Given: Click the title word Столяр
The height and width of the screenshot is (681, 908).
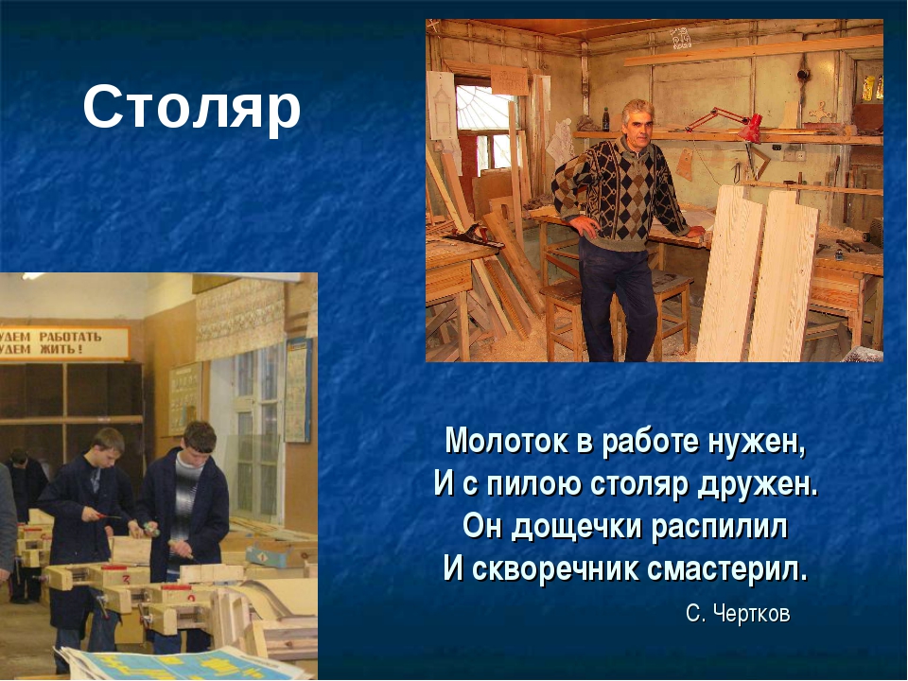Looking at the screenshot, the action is click(x=192, y=108).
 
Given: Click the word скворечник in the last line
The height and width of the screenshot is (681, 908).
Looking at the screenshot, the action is click(x=555, y=569).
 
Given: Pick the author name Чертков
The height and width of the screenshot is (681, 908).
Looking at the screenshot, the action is click(x=752, y=613).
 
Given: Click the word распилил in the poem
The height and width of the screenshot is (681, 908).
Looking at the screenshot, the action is click(x=720, y=528).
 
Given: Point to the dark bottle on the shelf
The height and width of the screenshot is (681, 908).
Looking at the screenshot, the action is click(x=605, y=119).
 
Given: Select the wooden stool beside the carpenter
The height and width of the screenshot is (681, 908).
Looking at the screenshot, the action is click(x=672, y=313).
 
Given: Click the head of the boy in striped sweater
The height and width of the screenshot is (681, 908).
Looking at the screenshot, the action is click(x=200, y=438).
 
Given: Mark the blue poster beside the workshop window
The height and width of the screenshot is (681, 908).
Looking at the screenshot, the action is click(x=298, y=391).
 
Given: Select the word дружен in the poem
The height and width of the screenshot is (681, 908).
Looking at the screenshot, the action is click(x=758, y=485).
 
